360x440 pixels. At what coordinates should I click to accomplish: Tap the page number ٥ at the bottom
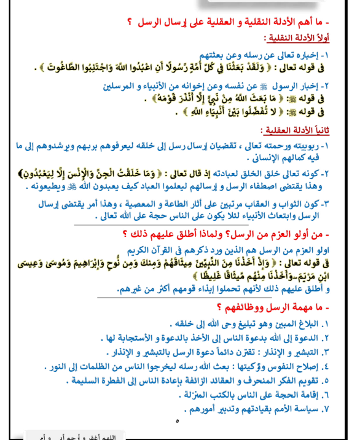pyautogui.click(x=178, y=422)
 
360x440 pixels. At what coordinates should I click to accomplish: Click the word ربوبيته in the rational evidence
pyautogui.click(x=308, y=145)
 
